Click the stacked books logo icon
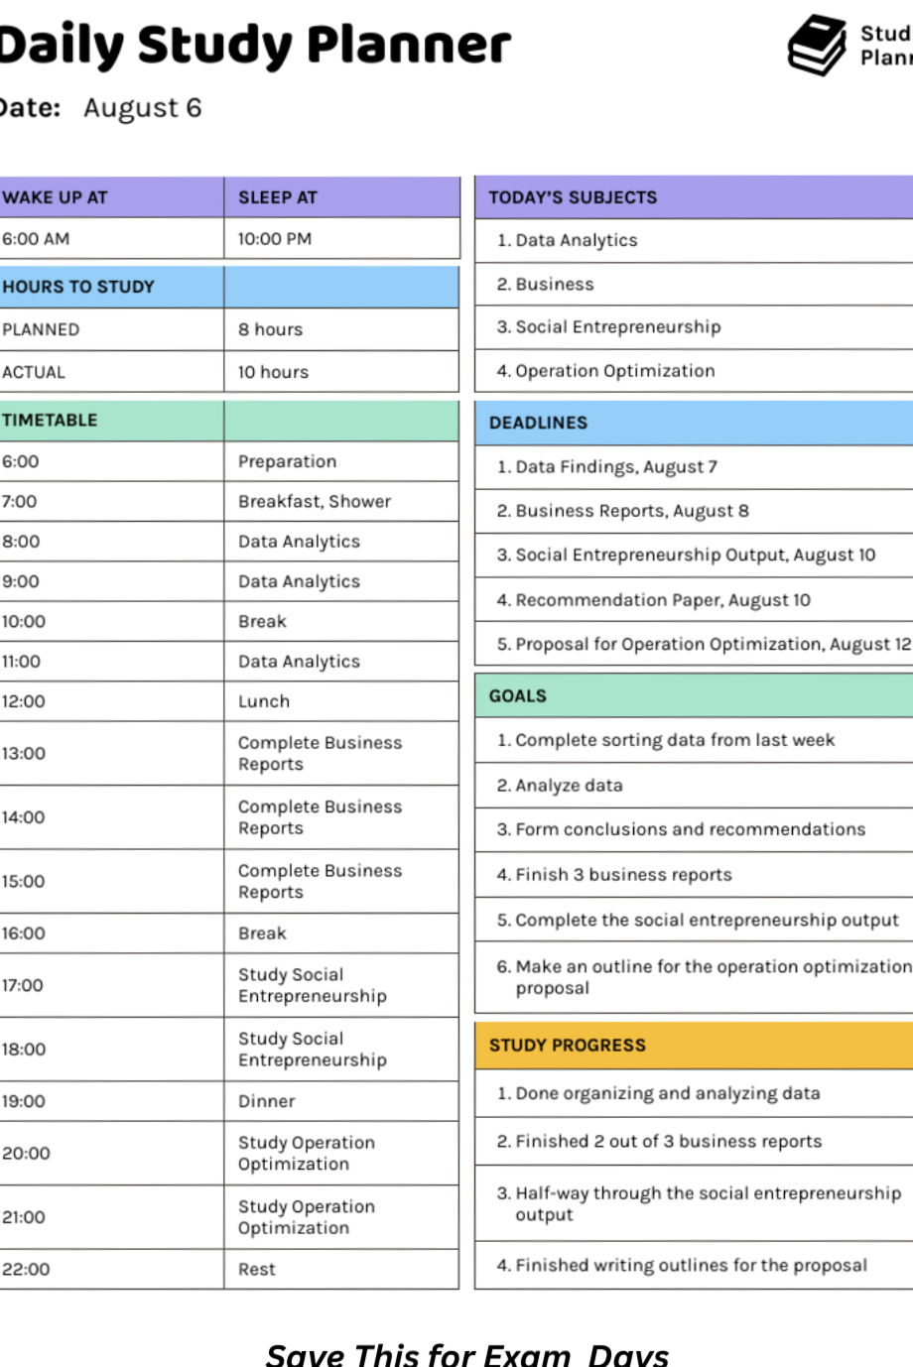(x=817, y=45)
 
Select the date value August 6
(x=142, y=108)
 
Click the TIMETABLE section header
(x=50, y=421)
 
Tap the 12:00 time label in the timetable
(x=24, y=701)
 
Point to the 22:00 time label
(x=26, y=1269)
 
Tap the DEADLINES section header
(x=538, y=423)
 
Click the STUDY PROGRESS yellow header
(x=567, y=1046)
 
